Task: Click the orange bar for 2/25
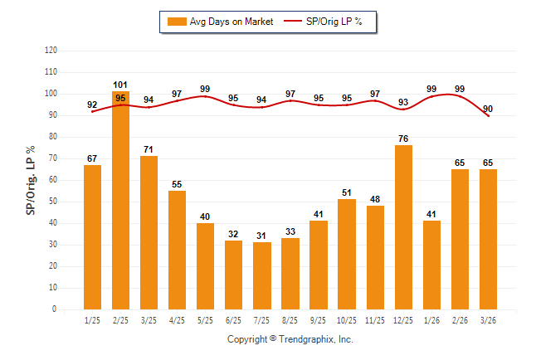point(120,200)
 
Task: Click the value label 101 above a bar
point(120,84)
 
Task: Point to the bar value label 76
point(402,139)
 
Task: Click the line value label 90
point(487,109)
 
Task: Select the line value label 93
point(402,103)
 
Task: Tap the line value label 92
point(92,105)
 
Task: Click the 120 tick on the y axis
point(51,51)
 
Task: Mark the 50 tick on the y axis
point(54,202)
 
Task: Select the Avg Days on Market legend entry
point(220,22)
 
